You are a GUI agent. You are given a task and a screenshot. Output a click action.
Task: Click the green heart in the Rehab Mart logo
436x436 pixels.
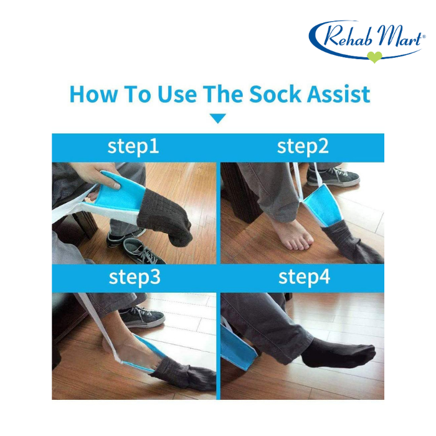(x=374, y=57)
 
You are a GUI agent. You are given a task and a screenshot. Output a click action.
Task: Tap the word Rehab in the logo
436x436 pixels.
(x=349, y=36)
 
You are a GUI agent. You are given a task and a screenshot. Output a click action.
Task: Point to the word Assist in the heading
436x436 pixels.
(x=338, y=94)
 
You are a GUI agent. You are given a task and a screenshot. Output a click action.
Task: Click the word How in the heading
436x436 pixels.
(x=93, y=94)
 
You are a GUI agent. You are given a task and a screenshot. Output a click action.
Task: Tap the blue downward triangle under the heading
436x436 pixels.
(x=218, y=118)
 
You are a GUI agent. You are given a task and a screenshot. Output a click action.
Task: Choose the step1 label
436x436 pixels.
(x=133, y=146)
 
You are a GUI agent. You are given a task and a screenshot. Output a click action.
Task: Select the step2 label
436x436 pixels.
(x=303, y=146)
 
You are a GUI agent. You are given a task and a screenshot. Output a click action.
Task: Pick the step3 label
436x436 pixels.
(x=135, y=277)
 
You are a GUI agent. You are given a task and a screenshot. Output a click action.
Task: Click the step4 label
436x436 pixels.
(x=304, y=277)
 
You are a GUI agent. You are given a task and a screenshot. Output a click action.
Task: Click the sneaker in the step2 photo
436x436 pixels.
(x=333, y=177)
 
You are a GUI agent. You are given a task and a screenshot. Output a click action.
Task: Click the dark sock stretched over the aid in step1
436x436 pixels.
(x=166, y=217)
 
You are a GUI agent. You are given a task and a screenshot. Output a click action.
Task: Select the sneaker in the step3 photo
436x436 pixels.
(x=143, y=317)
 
